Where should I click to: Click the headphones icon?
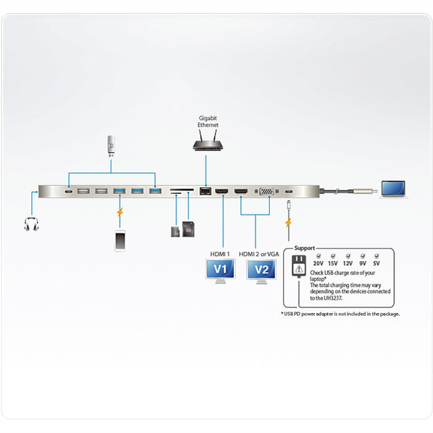click(31, 224)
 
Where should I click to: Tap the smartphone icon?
click(120, 240)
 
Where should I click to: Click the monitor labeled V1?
click(220, 270)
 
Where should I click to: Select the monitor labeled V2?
click(262, 270)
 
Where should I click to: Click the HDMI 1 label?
click(220, 254)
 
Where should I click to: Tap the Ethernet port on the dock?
click(206, 192)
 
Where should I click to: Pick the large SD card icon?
click(189, 231)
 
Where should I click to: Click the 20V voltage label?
click(318, 263)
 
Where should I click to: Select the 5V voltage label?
click(376, 263)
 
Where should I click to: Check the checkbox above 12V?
click(348, 255)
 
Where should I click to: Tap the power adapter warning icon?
click(298, 268)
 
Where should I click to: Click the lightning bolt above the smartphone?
click(120, 214)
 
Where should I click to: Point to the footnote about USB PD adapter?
click(340, 313)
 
